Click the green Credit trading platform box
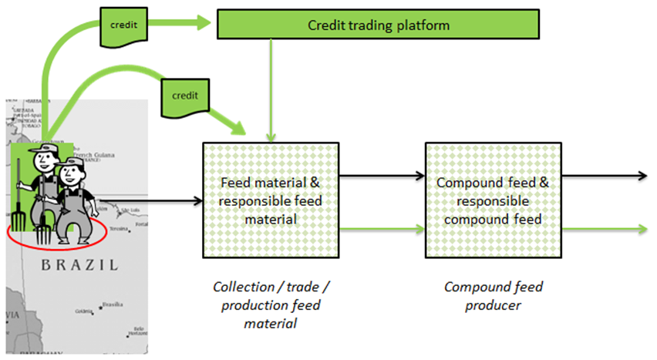point(379,25)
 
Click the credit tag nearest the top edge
point(123,24)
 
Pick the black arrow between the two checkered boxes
point(381,176)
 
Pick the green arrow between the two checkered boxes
point(381,229)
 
